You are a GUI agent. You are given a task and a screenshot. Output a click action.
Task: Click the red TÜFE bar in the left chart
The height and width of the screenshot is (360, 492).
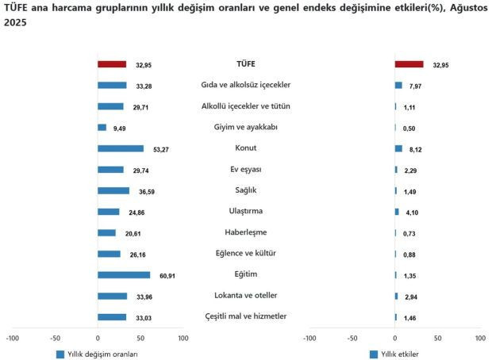(112, 64)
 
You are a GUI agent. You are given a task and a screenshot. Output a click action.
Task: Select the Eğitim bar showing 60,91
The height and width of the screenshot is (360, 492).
(124, 274)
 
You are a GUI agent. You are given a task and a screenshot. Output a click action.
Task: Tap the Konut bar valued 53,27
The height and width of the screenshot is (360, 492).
(121, 148)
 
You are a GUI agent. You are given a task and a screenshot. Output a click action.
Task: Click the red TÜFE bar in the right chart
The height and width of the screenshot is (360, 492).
(409, 64)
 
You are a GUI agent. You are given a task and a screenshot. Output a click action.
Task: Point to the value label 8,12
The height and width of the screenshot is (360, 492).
(416, 149)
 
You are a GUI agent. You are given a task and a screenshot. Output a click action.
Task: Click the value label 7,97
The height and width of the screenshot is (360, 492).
(415, 86)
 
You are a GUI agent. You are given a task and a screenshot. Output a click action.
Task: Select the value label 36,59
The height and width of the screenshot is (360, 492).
(143, 191)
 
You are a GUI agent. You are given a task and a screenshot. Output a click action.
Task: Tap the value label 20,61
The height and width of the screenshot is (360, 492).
(129, 233)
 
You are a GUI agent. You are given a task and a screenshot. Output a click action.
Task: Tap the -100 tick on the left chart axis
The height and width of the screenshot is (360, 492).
(12, 339)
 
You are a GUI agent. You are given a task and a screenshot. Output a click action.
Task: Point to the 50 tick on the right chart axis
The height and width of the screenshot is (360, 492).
(437, 339)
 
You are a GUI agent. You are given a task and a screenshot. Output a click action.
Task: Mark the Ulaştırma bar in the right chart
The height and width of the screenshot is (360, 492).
(397, 212)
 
